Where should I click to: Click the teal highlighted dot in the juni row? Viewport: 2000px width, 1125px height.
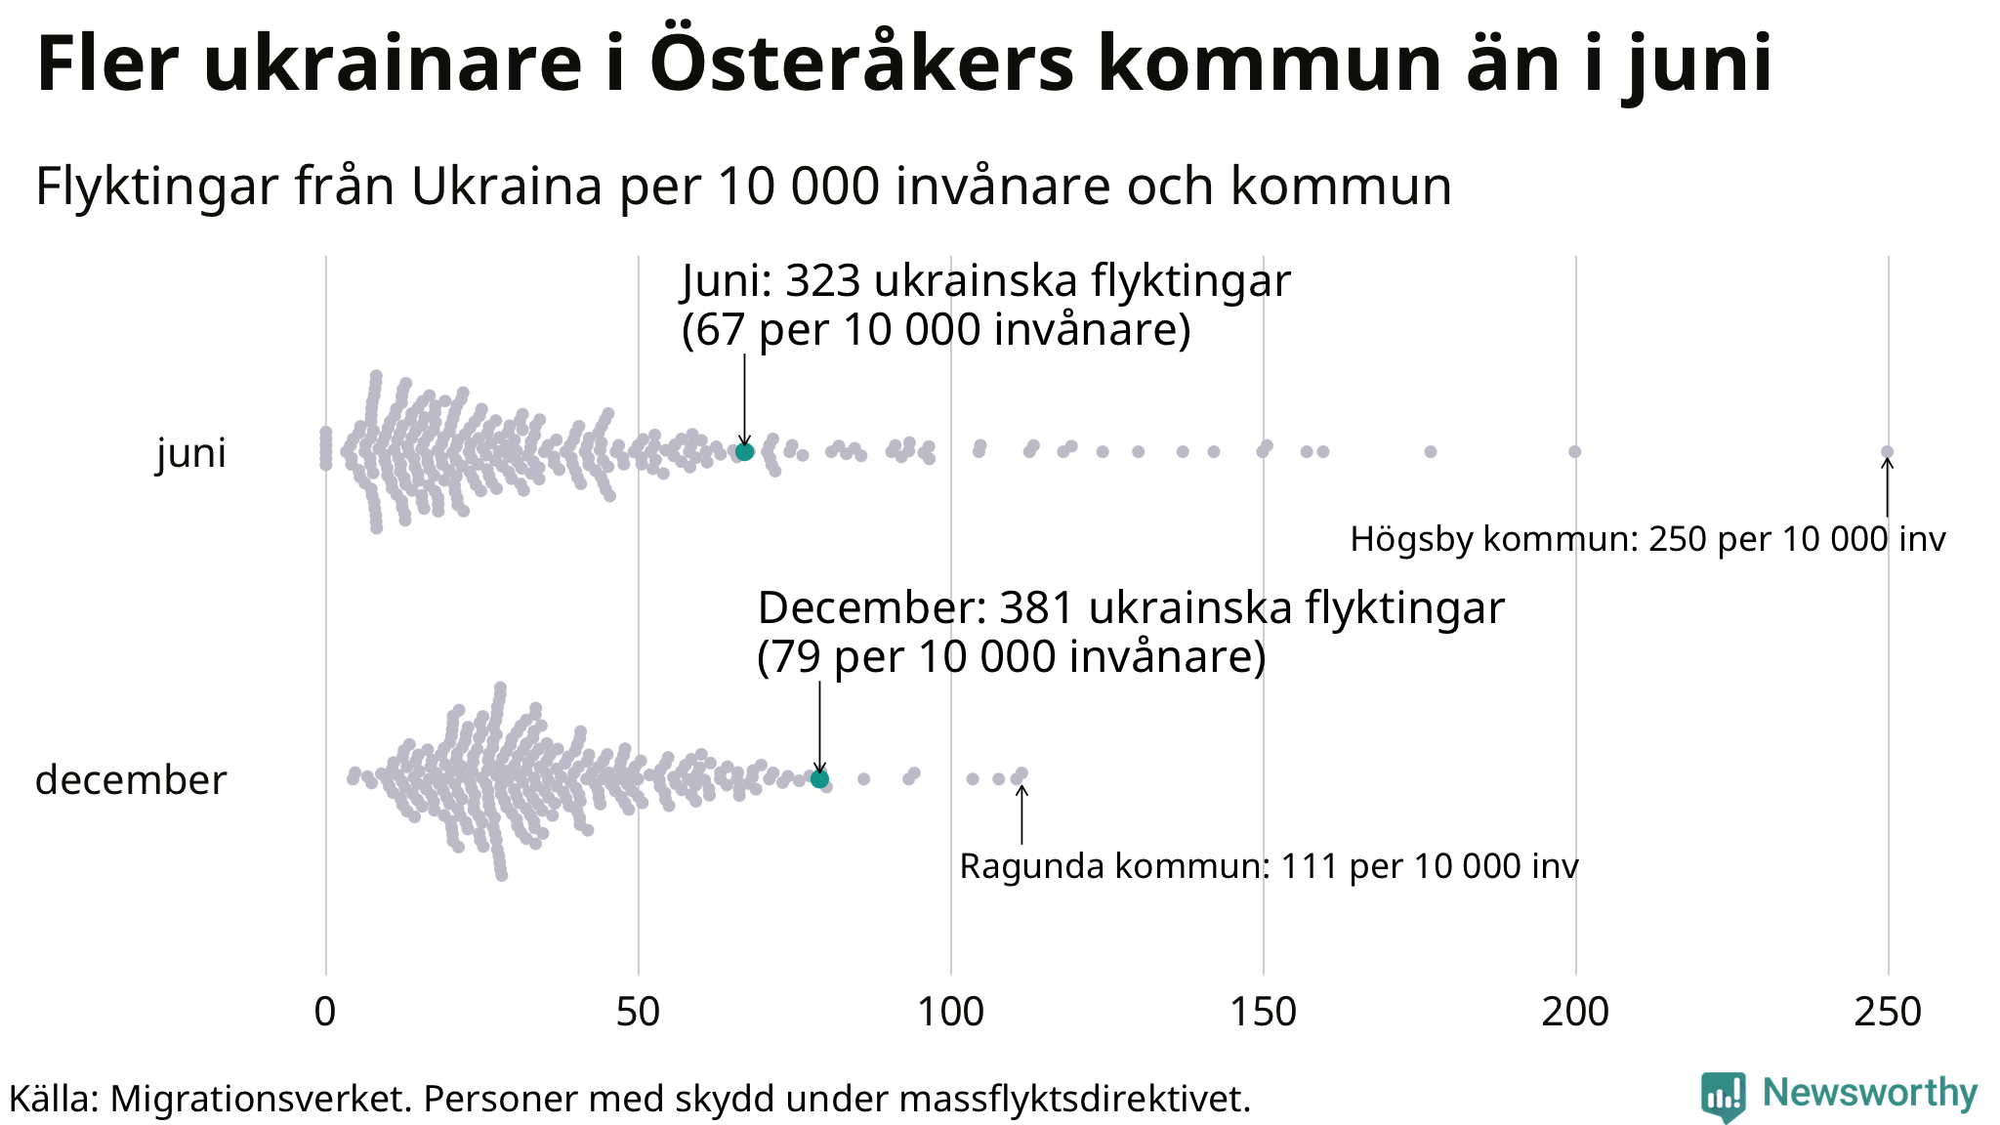(744, 451)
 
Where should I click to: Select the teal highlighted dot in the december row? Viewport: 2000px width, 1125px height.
(819, 778)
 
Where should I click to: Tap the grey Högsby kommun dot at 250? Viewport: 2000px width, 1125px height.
(1887, 451)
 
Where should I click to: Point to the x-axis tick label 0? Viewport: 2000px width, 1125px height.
(325, 1013)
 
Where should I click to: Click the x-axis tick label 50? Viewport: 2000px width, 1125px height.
(638, 1013)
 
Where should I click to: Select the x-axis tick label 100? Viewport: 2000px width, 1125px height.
(950, 1013)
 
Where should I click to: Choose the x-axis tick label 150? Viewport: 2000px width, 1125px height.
(1263, 1013)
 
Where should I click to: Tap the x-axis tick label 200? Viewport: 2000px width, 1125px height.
(1575, 1013)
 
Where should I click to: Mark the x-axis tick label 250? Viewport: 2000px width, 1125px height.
(1888, 1013)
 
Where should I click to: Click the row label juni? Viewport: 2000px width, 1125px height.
(191, 453)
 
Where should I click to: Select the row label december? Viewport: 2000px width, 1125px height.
(131, 780)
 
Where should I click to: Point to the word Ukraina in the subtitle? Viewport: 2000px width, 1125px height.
(507, 186)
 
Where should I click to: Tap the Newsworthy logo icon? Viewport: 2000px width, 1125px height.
(1723, 1096)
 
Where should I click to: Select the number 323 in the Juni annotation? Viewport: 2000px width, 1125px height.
(823, 281)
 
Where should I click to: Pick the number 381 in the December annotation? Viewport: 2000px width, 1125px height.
(1037, 608)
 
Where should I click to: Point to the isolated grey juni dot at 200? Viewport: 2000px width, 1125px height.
(1574, 451)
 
